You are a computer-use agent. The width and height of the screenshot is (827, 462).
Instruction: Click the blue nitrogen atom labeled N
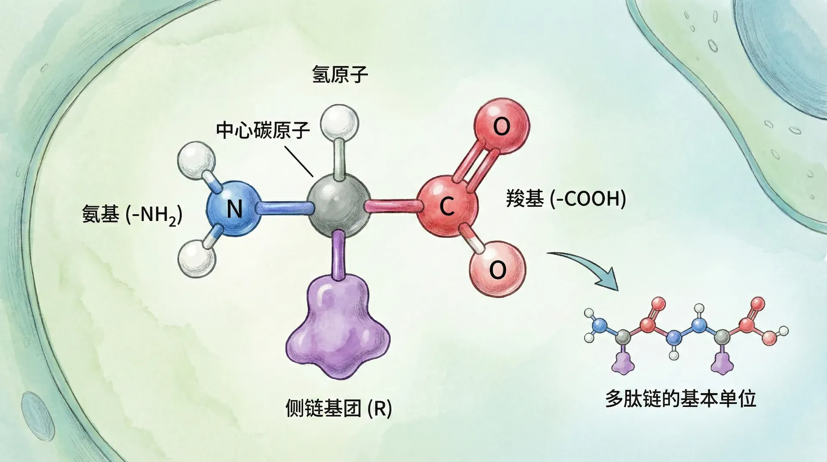tap(234, 209)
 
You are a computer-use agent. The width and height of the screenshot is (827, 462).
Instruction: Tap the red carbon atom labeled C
tap(447, 206)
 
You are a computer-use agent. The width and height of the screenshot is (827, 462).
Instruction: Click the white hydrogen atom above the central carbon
tap(340, 122)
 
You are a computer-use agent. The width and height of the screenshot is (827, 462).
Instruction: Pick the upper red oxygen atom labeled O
tap(502, 126)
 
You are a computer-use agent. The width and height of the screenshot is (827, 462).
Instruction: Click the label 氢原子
tap(340, 75)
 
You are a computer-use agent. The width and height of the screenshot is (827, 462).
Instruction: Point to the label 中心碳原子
tap(263, 130)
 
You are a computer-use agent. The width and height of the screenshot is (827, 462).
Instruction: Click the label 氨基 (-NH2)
tap(132, 214)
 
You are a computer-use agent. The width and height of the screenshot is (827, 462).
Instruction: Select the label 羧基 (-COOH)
tap(566, 199)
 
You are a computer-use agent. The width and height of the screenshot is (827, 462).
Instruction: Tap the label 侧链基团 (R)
tap(339, 408)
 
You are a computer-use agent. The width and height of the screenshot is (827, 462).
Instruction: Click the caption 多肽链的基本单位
tap(681, 398)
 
